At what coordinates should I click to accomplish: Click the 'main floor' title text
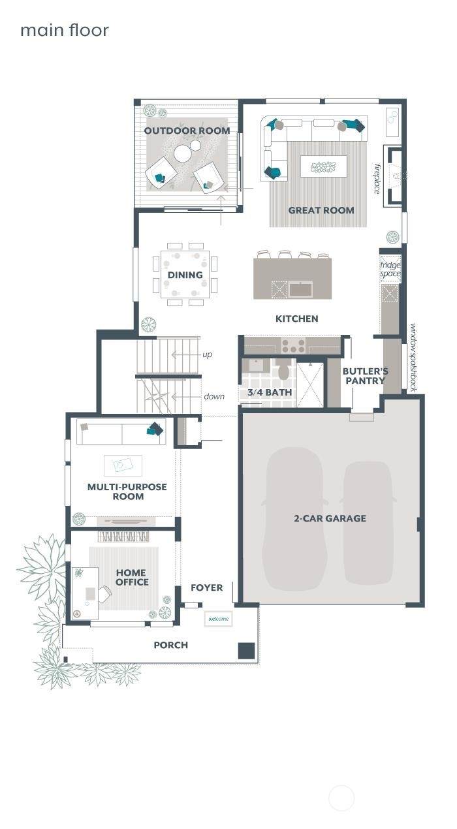point(65,30)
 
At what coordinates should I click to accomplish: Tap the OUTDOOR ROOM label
point(187,131)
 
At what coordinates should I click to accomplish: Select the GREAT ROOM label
point(321,210)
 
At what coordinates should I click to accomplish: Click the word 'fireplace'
point(377,179)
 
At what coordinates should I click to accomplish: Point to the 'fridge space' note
point(390,270)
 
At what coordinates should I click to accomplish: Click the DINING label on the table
point(185,275)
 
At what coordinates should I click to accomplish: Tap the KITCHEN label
point(297,319)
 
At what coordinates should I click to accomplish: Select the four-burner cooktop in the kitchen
point(293,346)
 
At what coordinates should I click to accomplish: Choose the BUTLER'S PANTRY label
point(365,376)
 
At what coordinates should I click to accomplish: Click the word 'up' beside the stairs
point(207,354)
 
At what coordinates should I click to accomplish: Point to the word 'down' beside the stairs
point(214,396)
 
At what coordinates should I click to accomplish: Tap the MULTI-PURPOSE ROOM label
point(127,492)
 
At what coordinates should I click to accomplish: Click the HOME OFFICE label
point(132,577)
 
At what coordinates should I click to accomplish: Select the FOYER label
point(207,587)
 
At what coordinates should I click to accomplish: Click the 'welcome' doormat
point(218,619)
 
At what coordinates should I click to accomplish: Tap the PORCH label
point(171,645)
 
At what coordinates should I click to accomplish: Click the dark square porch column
point(246,651)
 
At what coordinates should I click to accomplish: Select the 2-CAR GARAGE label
point(330,518)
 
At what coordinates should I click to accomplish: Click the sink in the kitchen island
point(301,289)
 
